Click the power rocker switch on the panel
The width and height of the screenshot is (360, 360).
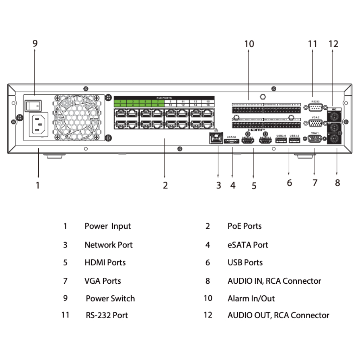click(33, 105)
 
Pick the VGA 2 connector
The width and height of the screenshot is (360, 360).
click(315, 123)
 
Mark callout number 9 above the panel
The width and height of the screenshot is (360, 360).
click(35, 43)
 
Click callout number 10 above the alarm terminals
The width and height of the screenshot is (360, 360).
click(249, 44)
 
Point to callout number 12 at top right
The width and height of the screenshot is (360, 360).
click(333, 44)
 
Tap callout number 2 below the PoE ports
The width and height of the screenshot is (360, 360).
click(165, 185)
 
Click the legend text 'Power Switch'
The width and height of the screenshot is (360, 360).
click(110, 298)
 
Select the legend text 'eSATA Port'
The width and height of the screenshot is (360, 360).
click(247, 245)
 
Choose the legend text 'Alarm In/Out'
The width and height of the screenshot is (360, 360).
click(251, 298)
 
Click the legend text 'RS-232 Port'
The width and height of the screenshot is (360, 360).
click(107, 315)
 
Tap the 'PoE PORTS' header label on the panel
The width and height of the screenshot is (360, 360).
click(164, 98)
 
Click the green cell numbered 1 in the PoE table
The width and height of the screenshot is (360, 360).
click(120, 101)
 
